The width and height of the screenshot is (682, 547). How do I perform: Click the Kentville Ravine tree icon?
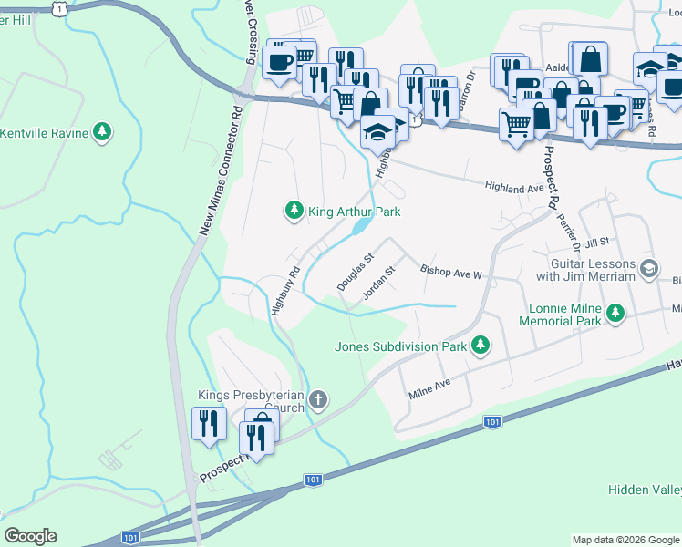tap(104, 134)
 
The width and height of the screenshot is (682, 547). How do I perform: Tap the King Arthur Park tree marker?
tap(294, 212)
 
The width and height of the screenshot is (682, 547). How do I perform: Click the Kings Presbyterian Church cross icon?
tap(318, 399)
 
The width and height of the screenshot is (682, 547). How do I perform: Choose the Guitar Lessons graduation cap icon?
tap(649, 268)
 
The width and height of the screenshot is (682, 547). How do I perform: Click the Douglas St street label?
tap(356, 273)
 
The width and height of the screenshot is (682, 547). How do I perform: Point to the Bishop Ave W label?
tap(449, 272)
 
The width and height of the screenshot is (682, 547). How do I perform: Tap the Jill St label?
tap(597, 243)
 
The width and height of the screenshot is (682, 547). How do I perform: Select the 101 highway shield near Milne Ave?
tap(492, 422)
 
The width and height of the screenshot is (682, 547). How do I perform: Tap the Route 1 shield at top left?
tap(60, 8)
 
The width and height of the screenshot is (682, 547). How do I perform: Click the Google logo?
tap(30, 536)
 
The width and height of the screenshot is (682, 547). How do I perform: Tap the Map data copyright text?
tap(625, 540)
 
